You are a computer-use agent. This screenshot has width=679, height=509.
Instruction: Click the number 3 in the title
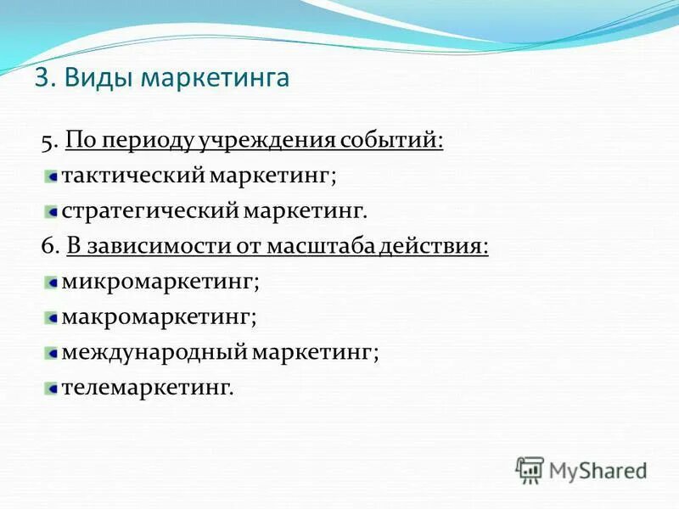(42, 78)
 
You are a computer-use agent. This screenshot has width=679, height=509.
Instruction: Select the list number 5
(47, 140)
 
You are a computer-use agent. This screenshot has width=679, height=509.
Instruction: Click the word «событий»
(391, 140)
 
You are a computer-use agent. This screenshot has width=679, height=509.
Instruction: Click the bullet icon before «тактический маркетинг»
(52, 176)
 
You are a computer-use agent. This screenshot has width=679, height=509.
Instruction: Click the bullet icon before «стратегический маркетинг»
(52, 211)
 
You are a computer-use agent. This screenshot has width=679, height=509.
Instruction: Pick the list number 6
(47, 246)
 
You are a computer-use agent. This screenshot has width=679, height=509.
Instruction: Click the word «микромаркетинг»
(160, 281)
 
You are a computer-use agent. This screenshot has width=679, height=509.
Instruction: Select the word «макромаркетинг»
(159, 316)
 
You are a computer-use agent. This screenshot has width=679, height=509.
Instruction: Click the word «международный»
(153, 351)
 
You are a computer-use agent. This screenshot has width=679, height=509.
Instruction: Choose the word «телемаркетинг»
(146, 387)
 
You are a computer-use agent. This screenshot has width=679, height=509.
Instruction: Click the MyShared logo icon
(530, 469)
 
